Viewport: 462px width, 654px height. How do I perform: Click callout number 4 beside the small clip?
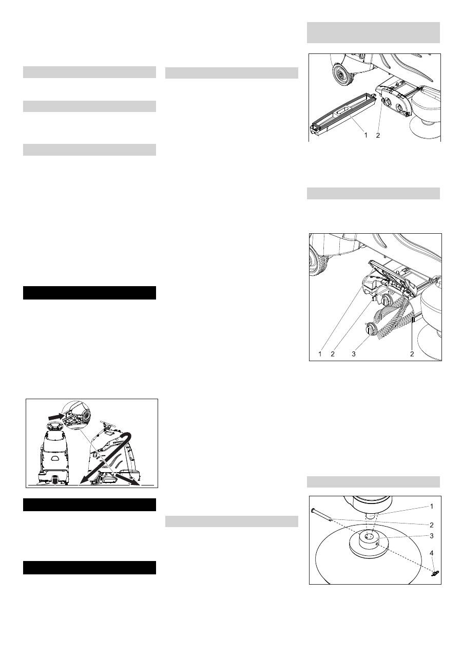click(x=431, y=553)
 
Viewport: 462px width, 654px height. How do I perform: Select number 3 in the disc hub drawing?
click(x=431, y=536)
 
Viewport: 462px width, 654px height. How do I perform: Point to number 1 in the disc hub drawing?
click(x=431, y=506)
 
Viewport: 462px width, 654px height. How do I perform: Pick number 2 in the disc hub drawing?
click(x=431, y=525)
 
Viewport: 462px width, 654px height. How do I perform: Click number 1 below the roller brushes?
click(x=319, y=354)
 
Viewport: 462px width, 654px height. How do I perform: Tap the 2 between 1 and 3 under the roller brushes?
click(x=333, y=354)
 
